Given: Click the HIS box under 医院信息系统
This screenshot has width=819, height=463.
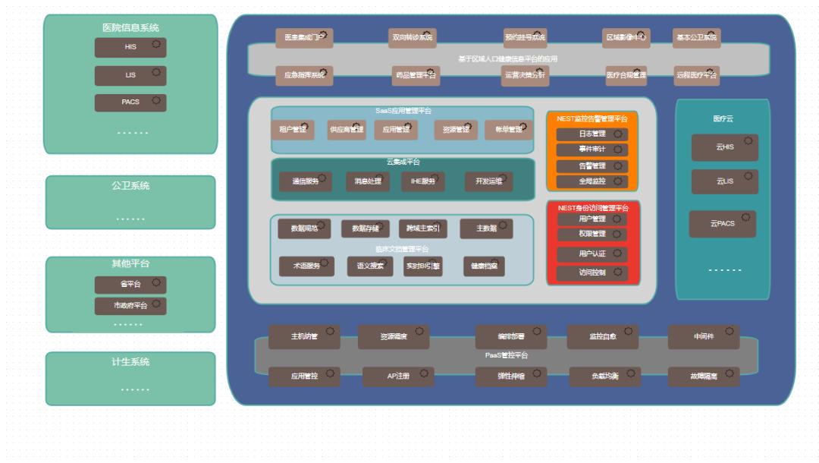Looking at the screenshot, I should [130, 47].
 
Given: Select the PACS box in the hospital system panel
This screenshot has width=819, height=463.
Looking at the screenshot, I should [130, 102].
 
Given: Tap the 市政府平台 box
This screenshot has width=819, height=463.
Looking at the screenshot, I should [130, 306].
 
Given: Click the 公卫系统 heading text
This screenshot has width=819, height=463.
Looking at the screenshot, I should [130, 186].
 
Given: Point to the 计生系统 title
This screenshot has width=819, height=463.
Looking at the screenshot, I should [130, 362].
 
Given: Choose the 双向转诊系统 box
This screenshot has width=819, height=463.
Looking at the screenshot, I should [412, 37].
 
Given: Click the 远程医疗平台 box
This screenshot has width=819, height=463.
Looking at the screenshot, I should [696, 75].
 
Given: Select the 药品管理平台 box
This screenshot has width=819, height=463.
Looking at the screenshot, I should [416, 75].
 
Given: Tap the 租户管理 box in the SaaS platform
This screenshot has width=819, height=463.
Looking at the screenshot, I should [293, 130].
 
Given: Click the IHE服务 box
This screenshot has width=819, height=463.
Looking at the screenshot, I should [423, 181].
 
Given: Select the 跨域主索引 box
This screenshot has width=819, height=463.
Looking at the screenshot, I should [422, 228].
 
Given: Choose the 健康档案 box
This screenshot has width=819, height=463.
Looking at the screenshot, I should [484, 266].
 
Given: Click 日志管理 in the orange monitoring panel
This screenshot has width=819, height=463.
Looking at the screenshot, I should [592, 134].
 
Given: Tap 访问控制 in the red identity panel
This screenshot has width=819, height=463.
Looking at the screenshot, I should [592, 272].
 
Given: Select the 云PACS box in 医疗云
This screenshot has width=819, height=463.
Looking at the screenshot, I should [722, 224].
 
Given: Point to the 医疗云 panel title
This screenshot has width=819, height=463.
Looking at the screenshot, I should [723, 119].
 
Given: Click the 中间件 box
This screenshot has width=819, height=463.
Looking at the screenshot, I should [704, 336].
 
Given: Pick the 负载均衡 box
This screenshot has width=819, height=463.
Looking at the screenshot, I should [604, 376].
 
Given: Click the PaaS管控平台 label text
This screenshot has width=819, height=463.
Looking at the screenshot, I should [507, 355].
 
